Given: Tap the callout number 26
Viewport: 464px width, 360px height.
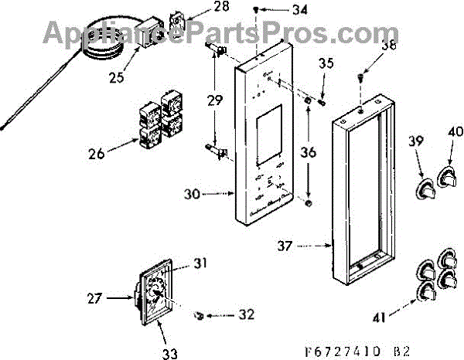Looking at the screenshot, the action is pos(97,154).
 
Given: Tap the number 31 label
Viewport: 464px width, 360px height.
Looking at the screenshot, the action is pos(200,264).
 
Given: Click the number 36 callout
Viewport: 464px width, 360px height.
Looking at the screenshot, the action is pos(309,154).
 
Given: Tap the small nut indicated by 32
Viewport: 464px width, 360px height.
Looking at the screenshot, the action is pos(199,314).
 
